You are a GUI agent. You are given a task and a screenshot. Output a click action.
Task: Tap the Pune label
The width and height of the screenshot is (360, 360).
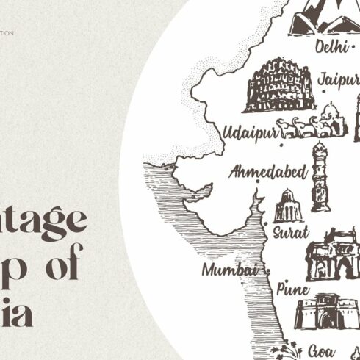292,289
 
